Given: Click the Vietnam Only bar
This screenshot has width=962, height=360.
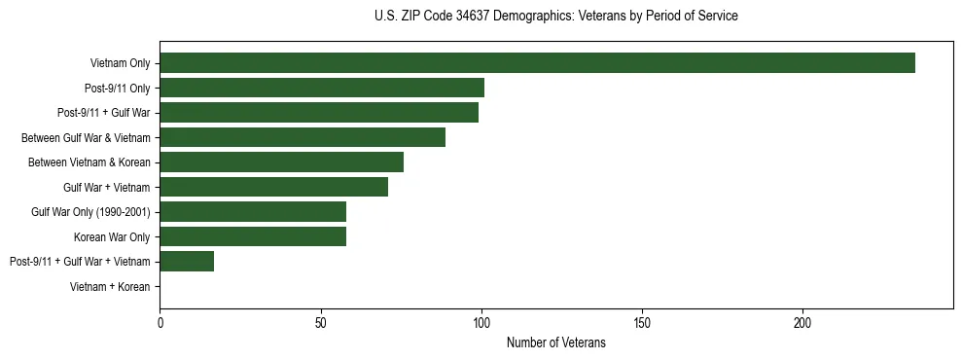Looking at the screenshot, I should click(537, 63).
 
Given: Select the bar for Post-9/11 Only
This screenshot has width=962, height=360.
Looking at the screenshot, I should click(322, 89).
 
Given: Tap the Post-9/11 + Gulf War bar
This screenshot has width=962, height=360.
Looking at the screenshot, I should click(319, 113).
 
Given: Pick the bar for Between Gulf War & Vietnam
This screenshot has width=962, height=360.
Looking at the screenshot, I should click(303, 137).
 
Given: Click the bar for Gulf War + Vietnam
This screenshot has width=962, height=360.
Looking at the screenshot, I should click(274, 187).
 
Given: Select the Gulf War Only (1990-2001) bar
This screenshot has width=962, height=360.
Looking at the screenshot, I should click(253, 212).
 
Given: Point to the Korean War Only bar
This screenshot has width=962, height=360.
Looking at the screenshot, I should click(253, 236).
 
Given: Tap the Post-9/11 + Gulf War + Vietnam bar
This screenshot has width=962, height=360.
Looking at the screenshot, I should click(187, 261).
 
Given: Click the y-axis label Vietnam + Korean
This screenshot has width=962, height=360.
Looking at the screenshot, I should click(110, 286).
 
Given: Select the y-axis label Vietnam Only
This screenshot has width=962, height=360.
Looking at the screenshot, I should click(120, 63).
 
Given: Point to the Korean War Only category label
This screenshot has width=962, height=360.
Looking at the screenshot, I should click(112, 236).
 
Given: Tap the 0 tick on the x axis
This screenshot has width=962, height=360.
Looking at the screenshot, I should click(160, 322).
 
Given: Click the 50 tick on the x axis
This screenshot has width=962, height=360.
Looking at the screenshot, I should click(321, 322).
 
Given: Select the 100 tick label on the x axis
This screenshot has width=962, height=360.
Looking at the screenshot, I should click(481, 322).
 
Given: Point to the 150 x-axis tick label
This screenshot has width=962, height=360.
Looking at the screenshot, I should click(642, 322).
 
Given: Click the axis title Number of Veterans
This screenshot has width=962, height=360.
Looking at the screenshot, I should click(555, 342).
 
